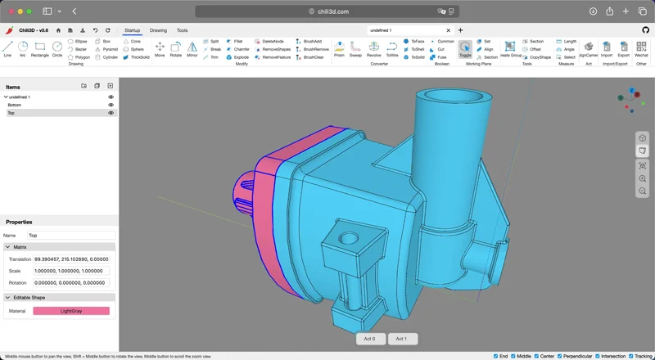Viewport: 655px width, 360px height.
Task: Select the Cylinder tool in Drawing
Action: click(106, 57)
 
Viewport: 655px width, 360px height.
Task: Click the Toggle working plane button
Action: click(465, 48)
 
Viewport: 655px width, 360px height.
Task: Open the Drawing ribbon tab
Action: click(158, 30)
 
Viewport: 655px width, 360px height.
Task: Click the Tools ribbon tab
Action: click(182, 30)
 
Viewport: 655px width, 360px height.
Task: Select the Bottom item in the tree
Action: click(15, 105)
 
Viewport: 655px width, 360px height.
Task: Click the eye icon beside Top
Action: click(111, 113)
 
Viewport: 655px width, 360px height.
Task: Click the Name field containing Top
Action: click(71, 235)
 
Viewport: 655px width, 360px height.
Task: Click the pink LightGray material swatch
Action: click(71, 311)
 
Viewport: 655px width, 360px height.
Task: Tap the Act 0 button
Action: click(369, 339)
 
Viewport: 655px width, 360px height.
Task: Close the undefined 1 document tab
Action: click(449, 30)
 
